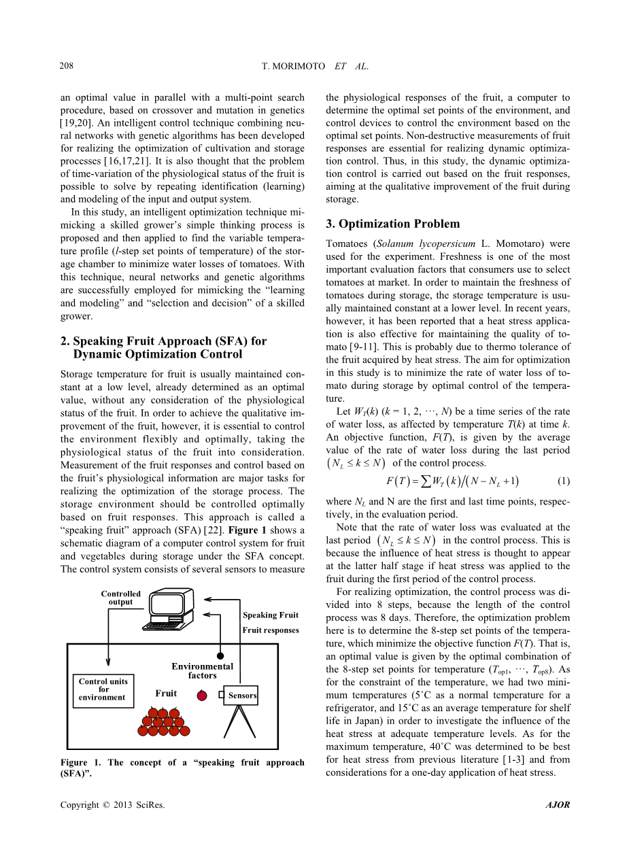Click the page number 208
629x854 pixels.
tap(67, 66)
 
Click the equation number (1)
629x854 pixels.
tap(563, 481)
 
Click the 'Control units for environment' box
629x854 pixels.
tap(102, 689)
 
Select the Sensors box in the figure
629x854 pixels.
tap(241, 695)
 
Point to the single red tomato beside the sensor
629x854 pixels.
tap(202, 695)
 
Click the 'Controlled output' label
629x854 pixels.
tap(121, 598)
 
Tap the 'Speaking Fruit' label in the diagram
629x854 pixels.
tap(270, 615)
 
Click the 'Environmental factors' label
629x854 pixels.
tap(202, 671)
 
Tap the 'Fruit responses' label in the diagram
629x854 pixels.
tap(271, 630)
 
